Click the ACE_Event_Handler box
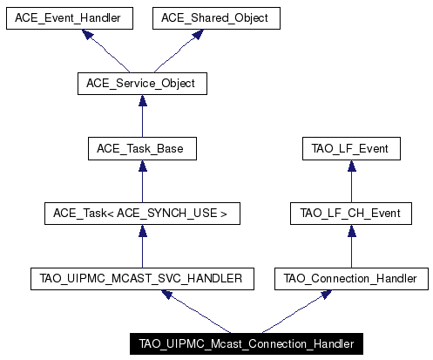70,18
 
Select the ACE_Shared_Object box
216,18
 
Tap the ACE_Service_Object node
142,84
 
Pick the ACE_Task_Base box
142,149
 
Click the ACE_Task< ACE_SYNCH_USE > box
142,214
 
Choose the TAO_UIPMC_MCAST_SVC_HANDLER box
142,279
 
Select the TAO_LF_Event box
351,149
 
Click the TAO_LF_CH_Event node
351,214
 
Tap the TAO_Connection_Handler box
351,279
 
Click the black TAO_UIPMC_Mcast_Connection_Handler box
247,343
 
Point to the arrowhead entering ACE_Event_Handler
88,34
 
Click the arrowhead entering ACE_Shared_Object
198,34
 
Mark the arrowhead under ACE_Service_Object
143,100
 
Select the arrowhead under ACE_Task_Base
143,166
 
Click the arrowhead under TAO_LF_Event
352,166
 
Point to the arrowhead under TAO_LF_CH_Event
352,230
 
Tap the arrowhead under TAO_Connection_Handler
326,295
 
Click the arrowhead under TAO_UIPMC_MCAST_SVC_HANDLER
167,295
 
